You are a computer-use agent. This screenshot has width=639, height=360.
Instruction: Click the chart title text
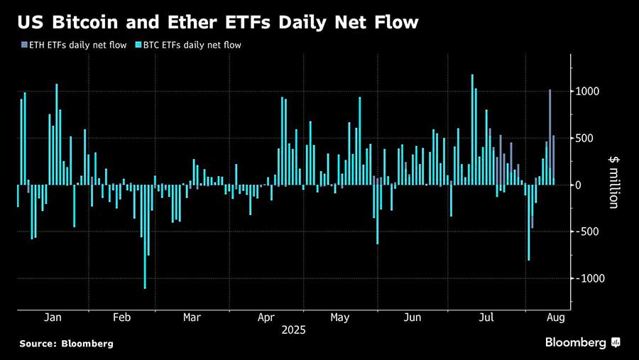coord(217,22)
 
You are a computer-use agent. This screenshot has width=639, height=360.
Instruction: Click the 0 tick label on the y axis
coord(579,185)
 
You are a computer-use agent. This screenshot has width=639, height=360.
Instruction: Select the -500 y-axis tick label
coord(589,231)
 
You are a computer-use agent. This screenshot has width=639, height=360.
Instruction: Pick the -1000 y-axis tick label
coord(591,278)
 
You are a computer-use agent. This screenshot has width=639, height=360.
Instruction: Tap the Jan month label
coord(53,317)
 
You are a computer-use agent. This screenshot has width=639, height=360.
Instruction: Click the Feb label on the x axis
coord(121,317)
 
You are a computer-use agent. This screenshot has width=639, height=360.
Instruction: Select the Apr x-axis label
coord(266,317)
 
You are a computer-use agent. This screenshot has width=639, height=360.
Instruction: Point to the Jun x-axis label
coord(413,317)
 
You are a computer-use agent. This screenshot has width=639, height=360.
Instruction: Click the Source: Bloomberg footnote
coord(66,344)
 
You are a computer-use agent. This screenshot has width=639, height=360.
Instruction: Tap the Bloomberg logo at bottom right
coord(583,343)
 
